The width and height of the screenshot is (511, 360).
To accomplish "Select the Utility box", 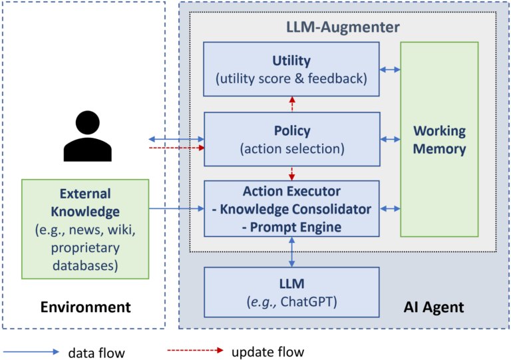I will coord(291,69).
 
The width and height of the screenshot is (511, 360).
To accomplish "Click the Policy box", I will coord(291,139).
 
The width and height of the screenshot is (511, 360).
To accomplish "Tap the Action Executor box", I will coord(291,208).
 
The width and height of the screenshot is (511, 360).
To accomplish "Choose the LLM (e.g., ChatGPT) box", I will coord(291,292).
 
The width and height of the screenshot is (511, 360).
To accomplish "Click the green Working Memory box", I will coord(439,139).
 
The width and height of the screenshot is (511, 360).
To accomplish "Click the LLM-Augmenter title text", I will coord(343,27).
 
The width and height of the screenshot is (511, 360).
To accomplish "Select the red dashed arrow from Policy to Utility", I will coord(291,104).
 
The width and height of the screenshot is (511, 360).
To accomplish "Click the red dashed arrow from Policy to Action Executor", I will coord(291,173).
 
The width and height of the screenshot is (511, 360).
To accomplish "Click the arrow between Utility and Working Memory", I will coord(390,69).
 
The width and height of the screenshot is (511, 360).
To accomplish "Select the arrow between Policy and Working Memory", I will coord(390,139).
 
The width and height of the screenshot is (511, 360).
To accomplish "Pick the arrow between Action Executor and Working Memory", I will coord(390,208).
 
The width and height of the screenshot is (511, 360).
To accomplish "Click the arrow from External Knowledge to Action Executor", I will coord(176,209).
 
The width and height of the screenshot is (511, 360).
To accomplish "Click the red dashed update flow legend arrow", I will coord(194,350).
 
